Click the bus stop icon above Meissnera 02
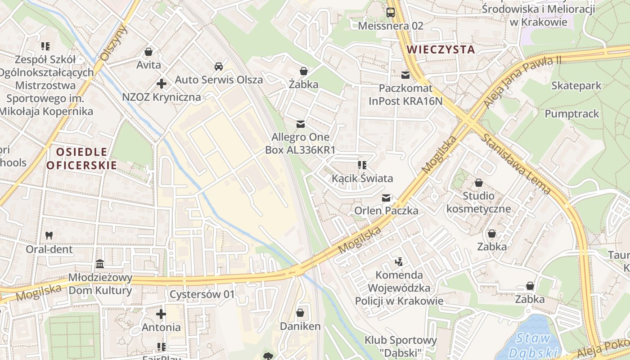(391, 13)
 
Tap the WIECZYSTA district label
(441, 49)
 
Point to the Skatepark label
(576, 85)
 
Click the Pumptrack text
(572, 114)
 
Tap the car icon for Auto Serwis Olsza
(219, 67)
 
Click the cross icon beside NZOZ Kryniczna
(162, 83)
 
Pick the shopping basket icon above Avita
(148, 52)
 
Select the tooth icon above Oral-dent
(49, 235)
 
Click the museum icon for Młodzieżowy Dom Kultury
(100, 264)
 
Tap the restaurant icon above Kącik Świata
(362, 165)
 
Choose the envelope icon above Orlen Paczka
(386, 198)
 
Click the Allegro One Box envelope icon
(300, 124)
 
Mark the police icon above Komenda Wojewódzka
(398, 261)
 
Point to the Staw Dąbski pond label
(533, 345)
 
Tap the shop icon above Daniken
(300, 313)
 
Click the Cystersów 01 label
(202, 295)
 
